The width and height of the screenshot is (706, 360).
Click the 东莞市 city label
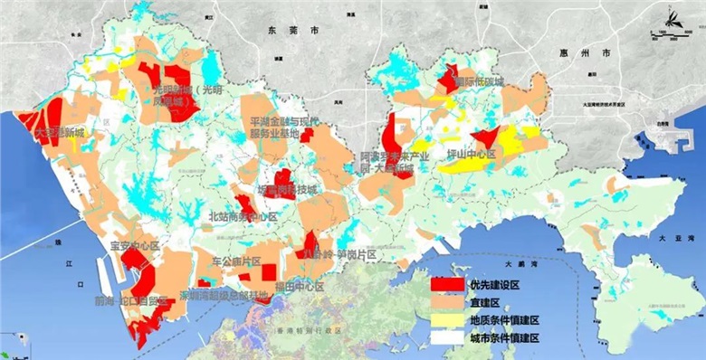pyautogui.click(x=293, y=31)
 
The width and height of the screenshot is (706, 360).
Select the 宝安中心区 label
pyautogui.click(x=133, y=245)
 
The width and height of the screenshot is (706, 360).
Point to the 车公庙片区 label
pyautogui.click(x=235, y=261)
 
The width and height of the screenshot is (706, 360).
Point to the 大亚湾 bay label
pyautogui.click(x=669, y=237)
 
